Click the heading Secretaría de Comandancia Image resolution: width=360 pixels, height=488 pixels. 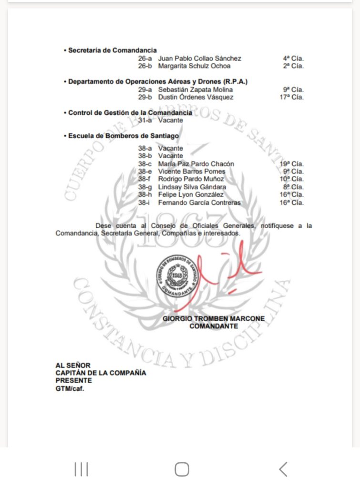pyautogui.click(x=112, y=51)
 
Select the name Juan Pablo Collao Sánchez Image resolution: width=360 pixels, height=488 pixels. pyautogui.click(x=200, y=59)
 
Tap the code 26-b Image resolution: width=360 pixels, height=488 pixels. pyautogui.click(x=145, y=66)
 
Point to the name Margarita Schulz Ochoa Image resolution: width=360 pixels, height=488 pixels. pyautogui.click(x=194, y=66)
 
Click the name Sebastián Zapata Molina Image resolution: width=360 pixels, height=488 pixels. pyautogui.click(x=195, y=90)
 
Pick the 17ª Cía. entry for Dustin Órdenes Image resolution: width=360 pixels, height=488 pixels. pyautogui.click(x=292, y=97)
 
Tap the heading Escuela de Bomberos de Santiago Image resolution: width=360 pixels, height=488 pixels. pyautogui.click(x=123, y=136)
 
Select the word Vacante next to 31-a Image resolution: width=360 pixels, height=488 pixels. pyautogui.click(x=170, y=121)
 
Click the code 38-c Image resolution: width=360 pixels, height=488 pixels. pyautogui.click(x=145, y=164)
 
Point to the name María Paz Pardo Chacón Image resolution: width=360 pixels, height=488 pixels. pyautogui.click(x=196, y=164)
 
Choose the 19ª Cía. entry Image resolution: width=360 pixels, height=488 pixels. pyautogui.click(x=292, y=164)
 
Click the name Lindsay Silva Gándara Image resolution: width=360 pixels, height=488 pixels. pyautogui.click(x=192, y=187)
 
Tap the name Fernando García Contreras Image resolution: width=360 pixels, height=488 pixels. pyautogui.click(x=199, y=203)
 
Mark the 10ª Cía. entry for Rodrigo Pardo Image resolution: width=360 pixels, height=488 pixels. pyautogui.click(x=292, y=179)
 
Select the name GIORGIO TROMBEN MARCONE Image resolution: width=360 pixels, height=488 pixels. pyautogui.click(x=214, y=319)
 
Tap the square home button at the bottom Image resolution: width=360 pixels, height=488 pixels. pyautogui.click(x=182, y=469)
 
